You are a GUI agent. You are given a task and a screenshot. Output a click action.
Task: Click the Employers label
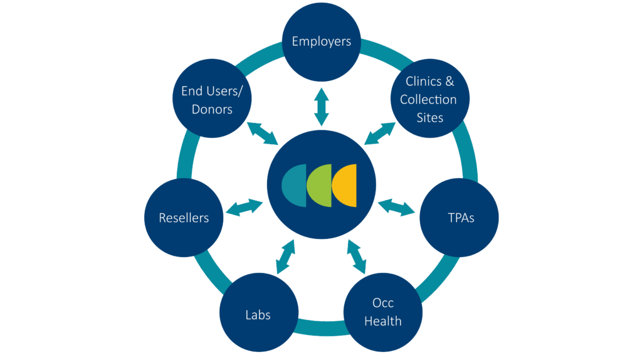321,42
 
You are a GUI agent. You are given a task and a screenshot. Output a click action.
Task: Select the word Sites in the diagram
429,117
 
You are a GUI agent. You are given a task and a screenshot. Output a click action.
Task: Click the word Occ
382,304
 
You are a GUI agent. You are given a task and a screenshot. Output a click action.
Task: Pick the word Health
382,321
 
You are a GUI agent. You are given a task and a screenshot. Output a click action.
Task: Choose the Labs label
258,314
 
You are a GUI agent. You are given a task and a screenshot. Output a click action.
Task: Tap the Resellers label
184,218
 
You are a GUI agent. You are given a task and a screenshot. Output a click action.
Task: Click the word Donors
212,109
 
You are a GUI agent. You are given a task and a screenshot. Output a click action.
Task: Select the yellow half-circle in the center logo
346,185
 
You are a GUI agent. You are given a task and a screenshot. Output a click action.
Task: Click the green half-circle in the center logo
321,185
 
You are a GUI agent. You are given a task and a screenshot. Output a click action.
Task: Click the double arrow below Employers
321,106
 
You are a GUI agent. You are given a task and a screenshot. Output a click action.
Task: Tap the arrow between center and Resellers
245,208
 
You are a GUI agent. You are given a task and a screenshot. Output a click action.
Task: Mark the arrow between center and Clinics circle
380,132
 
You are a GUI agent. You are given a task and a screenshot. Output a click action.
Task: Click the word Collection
428,99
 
